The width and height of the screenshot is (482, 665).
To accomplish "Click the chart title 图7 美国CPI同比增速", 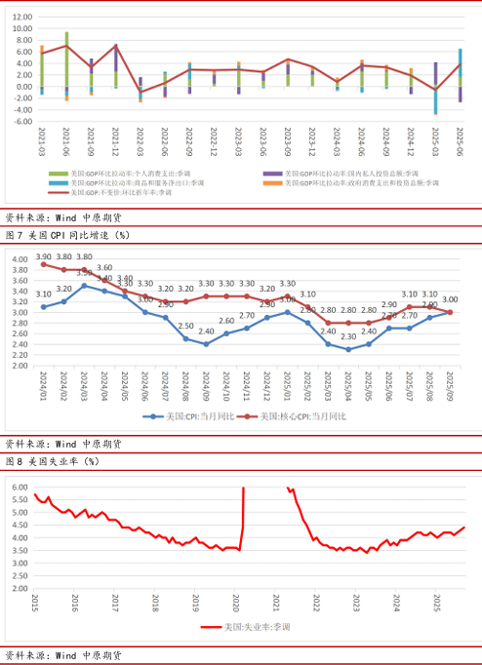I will click(x=67, y=235).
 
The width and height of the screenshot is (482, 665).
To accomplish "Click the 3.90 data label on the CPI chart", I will click(x=44, y=255).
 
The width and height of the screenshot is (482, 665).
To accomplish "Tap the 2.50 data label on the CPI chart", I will click(x=185, y=327).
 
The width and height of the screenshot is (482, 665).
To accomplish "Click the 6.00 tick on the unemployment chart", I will click(x=20, y=486).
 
